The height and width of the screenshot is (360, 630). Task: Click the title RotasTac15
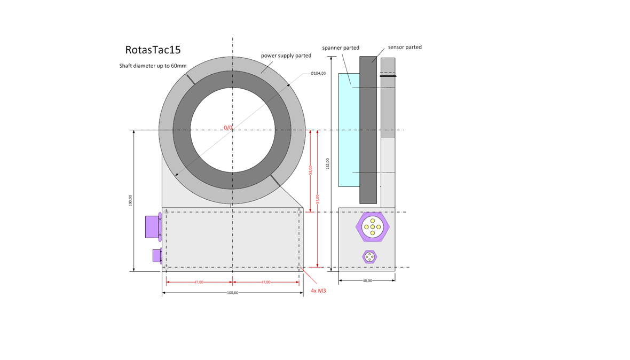click(x=153, y=50)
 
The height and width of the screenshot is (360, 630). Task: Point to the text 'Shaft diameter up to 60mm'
click(x=153, y=66)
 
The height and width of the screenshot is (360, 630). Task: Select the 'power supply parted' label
click(x=286, y=56)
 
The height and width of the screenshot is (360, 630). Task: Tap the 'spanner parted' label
click(x=341, y=48)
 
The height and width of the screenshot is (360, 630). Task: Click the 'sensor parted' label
click(x=405, y=47)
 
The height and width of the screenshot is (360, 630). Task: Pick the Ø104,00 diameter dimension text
click(x=318, y=73)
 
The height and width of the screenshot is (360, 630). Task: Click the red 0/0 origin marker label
click(x=229, y=128)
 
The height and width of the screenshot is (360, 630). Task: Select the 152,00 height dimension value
click(x=328, y=163)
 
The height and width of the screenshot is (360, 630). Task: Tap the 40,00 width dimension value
click(x=367, y=280)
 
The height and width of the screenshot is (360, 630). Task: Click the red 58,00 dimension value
click(x=311, y=170)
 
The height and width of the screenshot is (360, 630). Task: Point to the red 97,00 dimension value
click(x=318, y=198)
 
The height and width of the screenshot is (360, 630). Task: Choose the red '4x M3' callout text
click(x=318, y=291)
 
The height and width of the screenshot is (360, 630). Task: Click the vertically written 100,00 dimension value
click(x=130, y=200)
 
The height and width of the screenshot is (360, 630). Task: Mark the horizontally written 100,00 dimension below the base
click(x=233, y=293)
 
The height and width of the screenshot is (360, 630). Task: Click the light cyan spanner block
click(x=349, y=130)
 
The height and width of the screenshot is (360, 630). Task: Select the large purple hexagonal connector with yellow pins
click(x=372, y=226)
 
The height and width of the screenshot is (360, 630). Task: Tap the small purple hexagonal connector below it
click(x=369, y=257)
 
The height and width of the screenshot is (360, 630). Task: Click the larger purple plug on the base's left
click(x=153, y=226)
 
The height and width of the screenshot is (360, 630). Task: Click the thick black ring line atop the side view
click(x=388, y=76)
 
